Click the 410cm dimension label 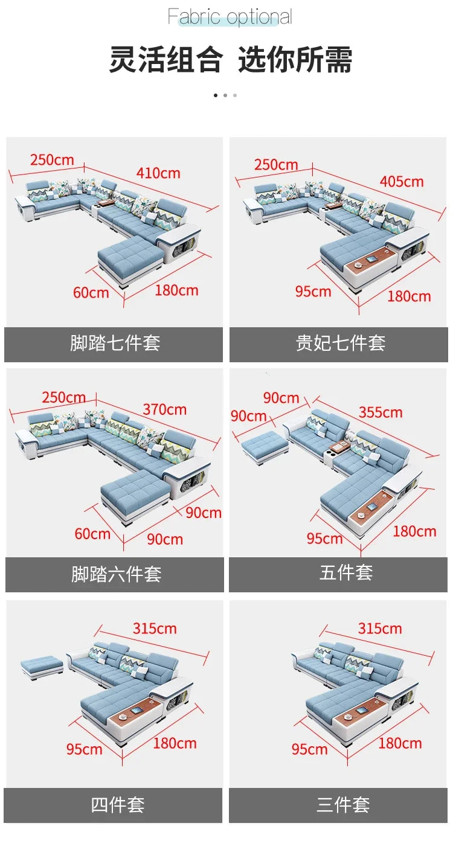click(x=158, y=173)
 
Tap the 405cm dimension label click(x=402, y=181)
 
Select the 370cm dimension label click(x=164, y=409)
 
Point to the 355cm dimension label click(x=381, y=412)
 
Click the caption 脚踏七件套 click(x=115, y=343)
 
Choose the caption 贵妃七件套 click(x=340, y=343)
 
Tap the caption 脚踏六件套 click(x=116, y=574)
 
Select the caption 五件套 click(x=345, y=572)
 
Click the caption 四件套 click(x=117, y=804)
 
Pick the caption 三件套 click(x=342, y=804)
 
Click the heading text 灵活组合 click(x=166, y=60)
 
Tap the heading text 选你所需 click(x=295, y=60)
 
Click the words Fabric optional click(x=230, y=17)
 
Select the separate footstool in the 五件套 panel click(x=265, y=447)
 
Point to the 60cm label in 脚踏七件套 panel click(x=91, y=293)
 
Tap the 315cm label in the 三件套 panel click(x=380, y=629)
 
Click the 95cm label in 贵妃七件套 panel click(x=313, y=292)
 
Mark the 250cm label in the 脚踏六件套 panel click(x=63, y=397)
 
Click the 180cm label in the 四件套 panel click(x=175, y=743)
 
